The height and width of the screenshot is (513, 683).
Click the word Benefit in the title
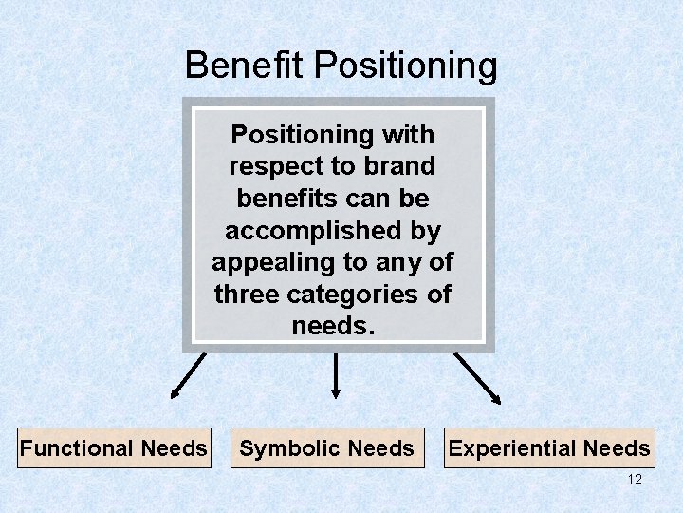246,66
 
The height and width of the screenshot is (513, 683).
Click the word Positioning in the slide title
406,66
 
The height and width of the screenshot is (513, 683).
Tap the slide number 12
635,479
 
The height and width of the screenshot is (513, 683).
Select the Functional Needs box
114,447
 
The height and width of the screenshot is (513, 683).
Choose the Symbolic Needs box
327,447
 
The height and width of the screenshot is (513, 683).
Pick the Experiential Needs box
549,447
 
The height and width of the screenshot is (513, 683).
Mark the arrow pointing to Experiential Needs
478,377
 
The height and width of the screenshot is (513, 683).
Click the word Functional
77,447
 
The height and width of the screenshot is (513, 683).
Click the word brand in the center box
399,166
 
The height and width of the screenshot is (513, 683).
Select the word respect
275,166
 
